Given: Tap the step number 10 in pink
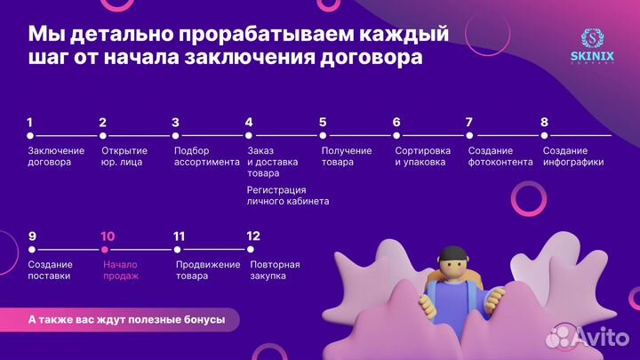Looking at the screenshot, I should click(108, 236).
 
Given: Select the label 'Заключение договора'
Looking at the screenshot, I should click(55, 156).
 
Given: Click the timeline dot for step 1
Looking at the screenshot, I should click(30, 136).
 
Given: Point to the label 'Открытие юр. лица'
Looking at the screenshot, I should click(124, 156).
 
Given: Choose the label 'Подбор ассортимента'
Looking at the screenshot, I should click(206, 156).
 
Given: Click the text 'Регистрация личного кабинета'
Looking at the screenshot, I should click(288, 196).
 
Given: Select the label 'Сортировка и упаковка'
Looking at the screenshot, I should click(422, 156).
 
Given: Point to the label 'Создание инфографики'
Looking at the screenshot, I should click(572, 156).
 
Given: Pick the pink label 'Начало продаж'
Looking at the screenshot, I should click(121, 270).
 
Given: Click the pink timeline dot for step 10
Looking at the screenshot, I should click(104, 250).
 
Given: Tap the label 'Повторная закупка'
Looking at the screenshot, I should click(275, 270).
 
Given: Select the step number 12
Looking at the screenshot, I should click(253, 236).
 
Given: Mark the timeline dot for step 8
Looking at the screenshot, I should click(544, 136).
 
